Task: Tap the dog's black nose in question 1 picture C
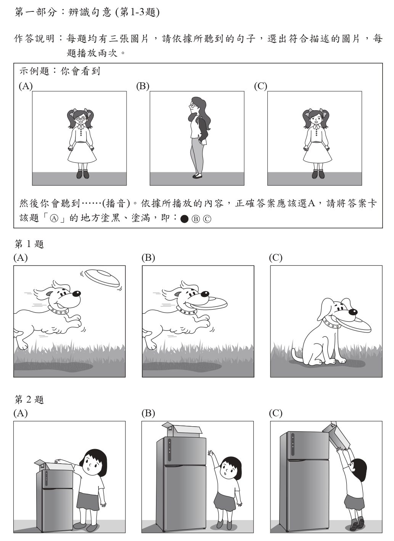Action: pos(353,312)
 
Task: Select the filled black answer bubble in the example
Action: pos(184,219)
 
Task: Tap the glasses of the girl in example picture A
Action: pos(80,119)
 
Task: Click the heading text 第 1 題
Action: pos(29,244)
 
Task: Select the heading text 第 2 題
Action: pos(29,400)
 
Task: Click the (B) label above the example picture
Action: pos(143,86)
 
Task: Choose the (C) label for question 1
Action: pos(276,258)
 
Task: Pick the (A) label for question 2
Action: pos(21,413)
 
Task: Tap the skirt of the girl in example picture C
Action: pos(317,153)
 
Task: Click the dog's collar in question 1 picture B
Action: pos(187,311)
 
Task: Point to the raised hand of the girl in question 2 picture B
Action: pos(211,453)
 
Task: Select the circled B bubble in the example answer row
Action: pos(196,219)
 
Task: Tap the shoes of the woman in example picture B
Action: pos(197,176)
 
